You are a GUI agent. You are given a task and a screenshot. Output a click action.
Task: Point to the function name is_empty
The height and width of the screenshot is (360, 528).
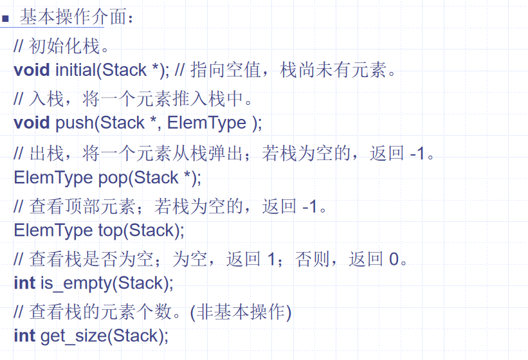point(69,282)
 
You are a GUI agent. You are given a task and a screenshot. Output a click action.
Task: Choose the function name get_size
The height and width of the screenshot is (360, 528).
point(69,336)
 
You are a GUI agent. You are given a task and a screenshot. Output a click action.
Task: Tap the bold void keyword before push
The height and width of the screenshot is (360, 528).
point(31,122)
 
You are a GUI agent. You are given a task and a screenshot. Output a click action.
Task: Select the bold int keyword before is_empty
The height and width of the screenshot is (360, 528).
point(24,282)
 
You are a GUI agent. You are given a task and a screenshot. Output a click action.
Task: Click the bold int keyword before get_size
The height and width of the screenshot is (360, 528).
point(24,336)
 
